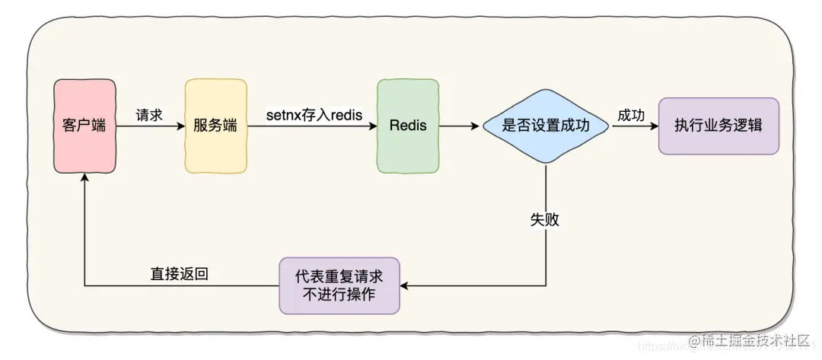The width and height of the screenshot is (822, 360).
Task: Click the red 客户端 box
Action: [84, 126]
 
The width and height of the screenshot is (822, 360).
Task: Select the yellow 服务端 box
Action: [215, 126]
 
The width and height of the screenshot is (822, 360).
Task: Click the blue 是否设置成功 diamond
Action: [546, 126]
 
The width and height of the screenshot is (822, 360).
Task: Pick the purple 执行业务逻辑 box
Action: [718, 126]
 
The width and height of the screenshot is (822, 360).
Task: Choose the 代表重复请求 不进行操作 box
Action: [339, 285]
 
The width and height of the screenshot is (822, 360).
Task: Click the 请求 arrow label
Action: [148, 115]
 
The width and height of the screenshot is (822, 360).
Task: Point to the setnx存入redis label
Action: [313, 115]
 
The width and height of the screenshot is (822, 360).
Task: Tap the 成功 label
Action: [631, 115]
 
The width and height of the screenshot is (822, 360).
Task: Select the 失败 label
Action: [545, 219]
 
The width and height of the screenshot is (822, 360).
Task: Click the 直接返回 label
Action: [180, 273]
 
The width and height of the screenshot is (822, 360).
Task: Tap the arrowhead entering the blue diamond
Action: [478, 126]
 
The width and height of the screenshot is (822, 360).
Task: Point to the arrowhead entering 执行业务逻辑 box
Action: [654, 126]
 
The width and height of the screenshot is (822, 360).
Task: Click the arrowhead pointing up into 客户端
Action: [84, 176]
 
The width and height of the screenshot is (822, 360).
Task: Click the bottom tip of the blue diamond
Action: [546, 163]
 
